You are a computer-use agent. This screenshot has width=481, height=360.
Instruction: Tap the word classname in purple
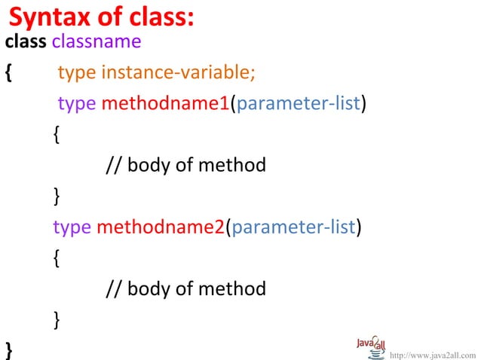pos(86,41)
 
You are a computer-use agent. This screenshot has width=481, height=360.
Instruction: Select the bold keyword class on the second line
pos(26,41)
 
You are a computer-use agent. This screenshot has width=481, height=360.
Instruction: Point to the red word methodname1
pos(164,103)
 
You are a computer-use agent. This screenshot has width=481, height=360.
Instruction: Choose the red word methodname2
pos(161,227)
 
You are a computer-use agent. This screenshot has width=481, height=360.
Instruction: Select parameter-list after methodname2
pos(293,227)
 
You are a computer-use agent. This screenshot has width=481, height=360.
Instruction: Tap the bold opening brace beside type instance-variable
pos(8,73)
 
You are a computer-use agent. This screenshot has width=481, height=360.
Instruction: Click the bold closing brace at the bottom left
pos(8,349)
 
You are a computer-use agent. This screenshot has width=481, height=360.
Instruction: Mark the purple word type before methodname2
pos(72,227)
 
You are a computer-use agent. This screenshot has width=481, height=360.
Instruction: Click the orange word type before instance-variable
pos(76,72)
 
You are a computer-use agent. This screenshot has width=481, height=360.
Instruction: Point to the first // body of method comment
pos(185,164)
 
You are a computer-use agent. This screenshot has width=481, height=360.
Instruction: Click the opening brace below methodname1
pos(58,134)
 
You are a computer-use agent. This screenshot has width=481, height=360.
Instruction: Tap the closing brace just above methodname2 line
pos(58,196)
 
